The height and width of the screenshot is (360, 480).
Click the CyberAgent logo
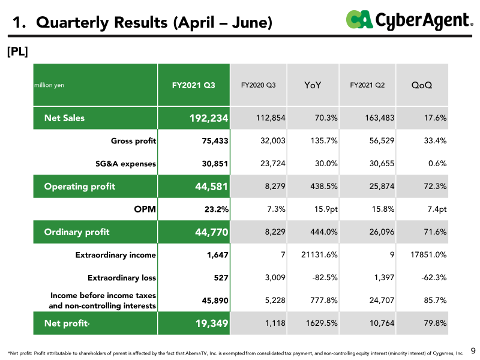[409, 20]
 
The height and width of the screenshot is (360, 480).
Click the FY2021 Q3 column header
[193, 85]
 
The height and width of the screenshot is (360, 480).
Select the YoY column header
[313, 85]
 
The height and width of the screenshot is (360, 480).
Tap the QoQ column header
[422, 85]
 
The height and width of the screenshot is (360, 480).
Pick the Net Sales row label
[64, 118]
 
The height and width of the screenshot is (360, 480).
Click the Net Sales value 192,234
[209, 118]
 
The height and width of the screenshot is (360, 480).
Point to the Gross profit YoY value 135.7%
[324, 140]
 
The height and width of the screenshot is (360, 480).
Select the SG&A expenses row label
[125, 163]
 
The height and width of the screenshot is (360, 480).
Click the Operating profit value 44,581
[212, 187]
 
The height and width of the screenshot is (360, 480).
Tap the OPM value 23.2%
[217, 209]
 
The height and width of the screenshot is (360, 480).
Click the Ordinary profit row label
[77, 232]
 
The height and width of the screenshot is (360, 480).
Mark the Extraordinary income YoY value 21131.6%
[319, 254]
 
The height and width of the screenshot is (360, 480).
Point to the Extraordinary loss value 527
[221, 278]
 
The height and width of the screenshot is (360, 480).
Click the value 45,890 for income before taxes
[215, 301]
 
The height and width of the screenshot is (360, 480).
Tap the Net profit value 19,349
[212, 323]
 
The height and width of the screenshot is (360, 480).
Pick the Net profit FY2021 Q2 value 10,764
[382, 323]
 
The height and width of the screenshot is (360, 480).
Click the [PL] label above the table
[17, 52]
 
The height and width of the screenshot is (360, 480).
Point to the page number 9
[473, 350]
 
